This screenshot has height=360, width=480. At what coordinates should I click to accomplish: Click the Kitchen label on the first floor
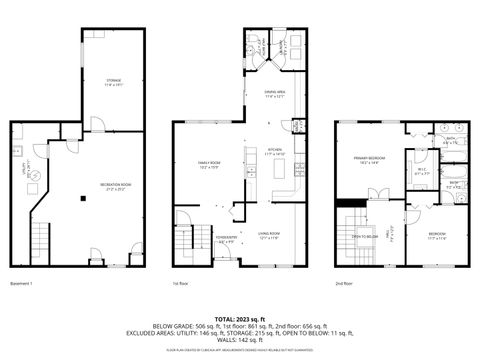(276, 154)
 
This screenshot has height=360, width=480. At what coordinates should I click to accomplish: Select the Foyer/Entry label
(226, 240)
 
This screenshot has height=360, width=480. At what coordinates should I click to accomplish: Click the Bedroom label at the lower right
(438, 237)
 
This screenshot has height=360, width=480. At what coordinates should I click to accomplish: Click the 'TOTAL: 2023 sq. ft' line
(239, 318)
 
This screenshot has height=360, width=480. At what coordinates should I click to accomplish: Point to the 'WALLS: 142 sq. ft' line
(239, 342)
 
